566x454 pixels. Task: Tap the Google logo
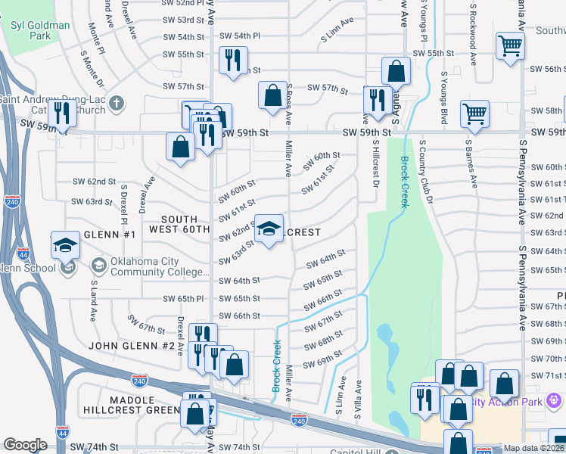[x=25, y=445]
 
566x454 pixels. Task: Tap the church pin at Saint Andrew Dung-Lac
[x=116, y=103]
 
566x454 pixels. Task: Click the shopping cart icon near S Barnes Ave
[x=474, y=113]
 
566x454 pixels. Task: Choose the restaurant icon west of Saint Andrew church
[x=61, y=113]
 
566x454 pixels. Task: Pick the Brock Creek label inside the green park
[x=405, y=175]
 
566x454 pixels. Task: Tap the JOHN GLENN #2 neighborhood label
[x=133, y=346]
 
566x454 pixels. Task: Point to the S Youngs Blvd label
[x=443, y=99]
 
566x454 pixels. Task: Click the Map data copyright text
[x=534, y=448]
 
